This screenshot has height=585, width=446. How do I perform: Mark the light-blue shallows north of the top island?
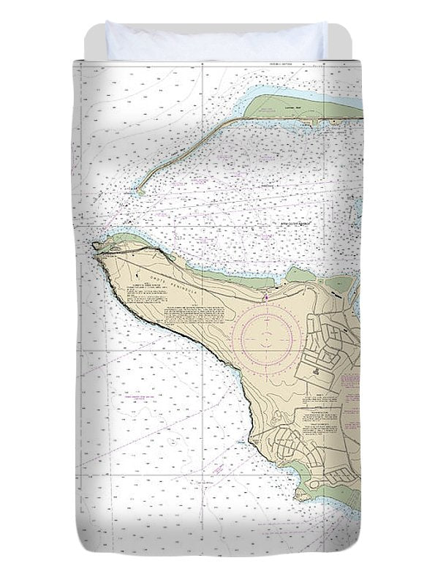click(263, 92)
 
